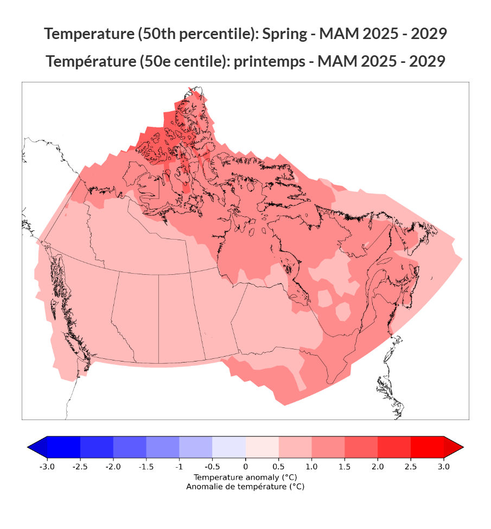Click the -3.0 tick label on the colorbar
click(47, 467)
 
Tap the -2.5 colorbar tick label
click(80, 467)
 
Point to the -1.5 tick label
click(146, 467)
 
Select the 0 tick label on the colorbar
click(245, 467)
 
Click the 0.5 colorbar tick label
click(278, 467)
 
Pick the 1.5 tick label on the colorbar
click(345, 467)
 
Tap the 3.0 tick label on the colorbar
click(444, 467)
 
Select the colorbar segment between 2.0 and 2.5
click(394, 447)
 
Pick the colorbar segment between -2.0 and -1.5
click(130, 447)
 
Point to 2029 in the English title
click(429, 34)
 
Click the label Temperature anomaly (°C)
click(245, 478)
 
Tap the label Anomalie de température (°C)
click(245, 487)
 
